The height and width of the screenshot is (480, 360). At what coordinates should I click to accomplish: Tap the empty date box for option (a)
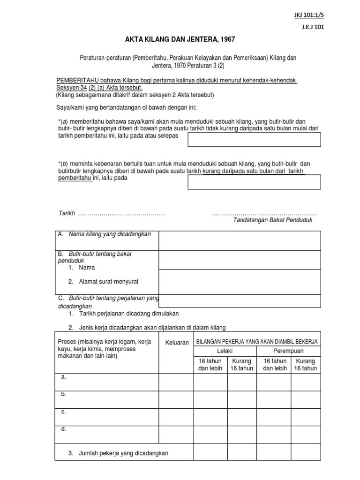pyautogui.click(x=254, y=140)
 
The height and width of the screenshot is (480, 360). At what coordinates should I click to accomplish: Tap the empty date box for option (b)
pyautogui.click(x=254, y=182)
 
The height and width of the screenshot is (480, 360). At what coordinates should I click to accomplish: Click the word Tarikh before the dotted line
pyautogui.click(x=67, y=213)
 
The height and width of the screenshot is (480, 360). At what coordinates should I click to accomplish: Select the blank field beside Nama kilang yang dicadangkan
pyautogui.click(x=240, y=240)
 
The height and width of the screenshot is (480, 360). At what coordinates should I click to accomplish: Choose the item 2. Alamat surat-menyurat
pyautogui.click(x=103, y=282)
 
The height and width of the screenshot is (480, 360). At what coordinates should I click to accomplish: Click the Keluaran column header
pyautogui.click(x=177, y=343)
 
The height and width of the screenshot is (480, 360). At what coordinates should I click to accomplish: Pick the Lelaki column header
pyautogui.click(x=225, y=351)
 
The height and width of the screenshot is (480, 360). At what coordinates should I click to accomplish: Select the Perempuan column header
pyautogui.click(x=289, y=351)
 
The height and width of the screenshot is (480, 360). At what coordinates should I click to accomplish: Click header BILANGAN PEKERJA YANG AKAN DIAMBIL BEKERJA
pyautogui.click(x=257, y=342)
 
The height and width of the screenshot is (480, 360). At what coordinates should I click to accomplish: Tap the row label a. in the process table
pyautogui.click(x=63, y=377)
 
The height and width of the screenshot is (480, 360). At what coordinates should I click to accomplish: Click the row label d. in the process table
pyautogui.click(x=63, y=429)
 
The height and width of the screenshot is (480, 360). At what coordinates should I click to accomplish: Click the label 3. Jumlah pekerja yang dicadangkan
pyautogui.click(x=118, y=453)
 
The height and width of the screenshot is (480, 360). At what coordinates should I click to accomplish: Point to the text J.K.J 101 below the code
pyautogui.click(x=313, y=27)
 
